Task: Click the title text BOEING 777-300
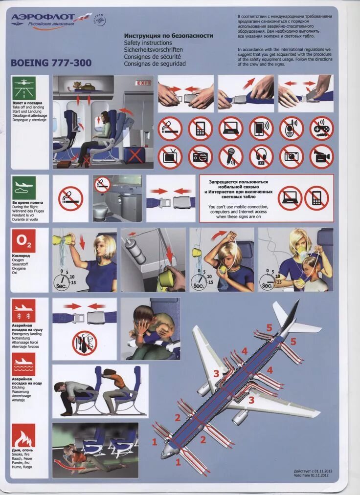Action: point(51,63)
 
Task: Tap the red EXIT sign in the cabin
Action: point(143,83)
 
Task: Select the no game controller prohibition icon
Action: point(321,128)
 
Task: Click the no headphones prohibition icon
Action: point(261,156)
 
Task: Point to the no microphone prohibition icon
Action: point(231,156)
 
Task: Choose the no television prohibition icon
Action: point(170,156)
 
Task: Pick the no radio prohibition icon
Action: point(200,156)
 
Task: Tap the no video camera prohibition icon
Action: point(321,156)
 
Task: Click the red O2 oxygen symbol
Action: point(23,240)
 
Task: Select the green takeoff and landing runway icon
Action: point(23,88)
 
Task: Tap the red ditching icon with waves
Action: point(23,365)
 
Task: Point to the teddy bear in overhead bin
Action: point(77,86)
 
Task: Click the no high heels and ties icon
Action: point(85,343)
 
